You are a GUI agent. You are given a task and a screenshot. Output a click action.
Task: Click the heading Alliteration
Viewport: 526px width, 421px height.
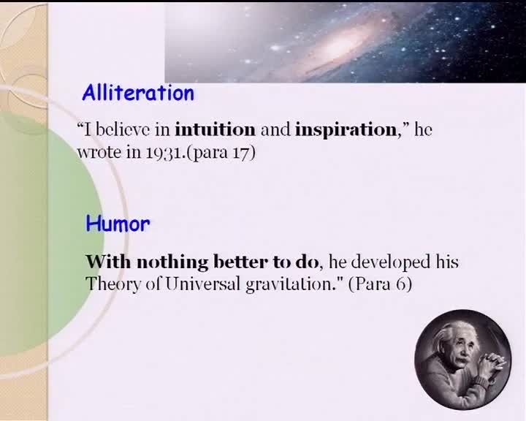(138, 93)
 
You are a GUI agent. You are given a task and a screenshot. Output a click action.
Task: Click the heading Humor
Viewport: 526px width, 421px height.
(118, 224)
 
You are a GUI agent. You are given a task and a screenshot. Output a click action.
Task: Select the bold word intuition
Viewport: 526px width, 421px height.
(215, 129)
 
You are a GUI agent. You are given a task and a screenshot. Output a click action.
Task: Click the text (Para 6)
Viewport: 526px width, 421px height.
(380, 285)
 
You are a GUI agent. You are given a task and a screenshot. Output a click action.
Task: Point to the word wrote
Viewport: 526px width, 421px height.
(99, 153)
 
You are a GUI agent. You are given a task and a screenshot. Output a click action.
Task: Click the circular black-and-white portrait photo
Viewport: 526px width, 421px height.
(463, 360)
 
